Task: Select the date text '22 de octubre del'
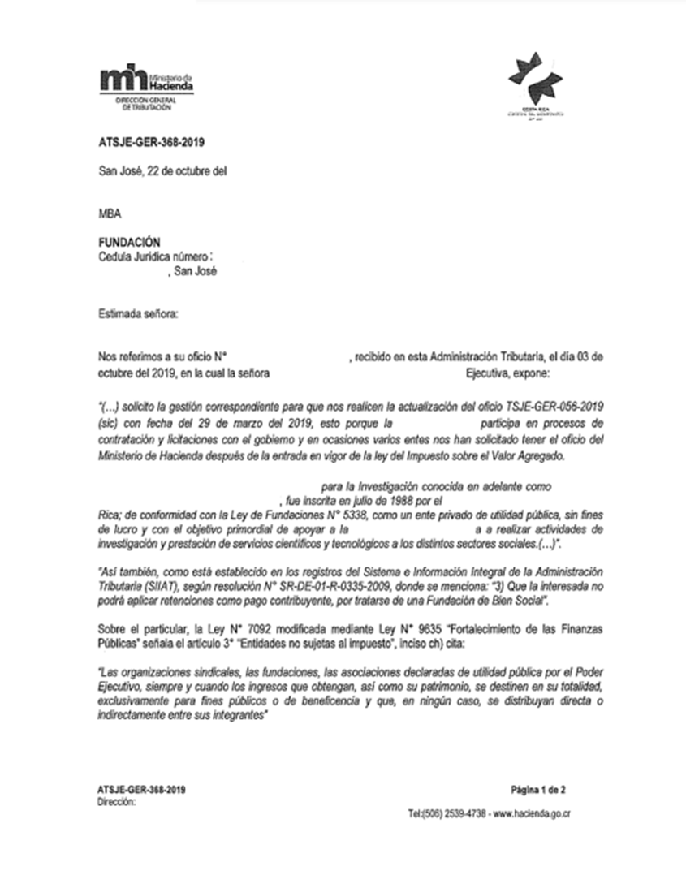point(184,171)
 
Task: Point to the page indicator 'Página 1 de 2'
point(543,788)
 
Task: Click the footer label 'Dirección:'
point(114,800)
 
